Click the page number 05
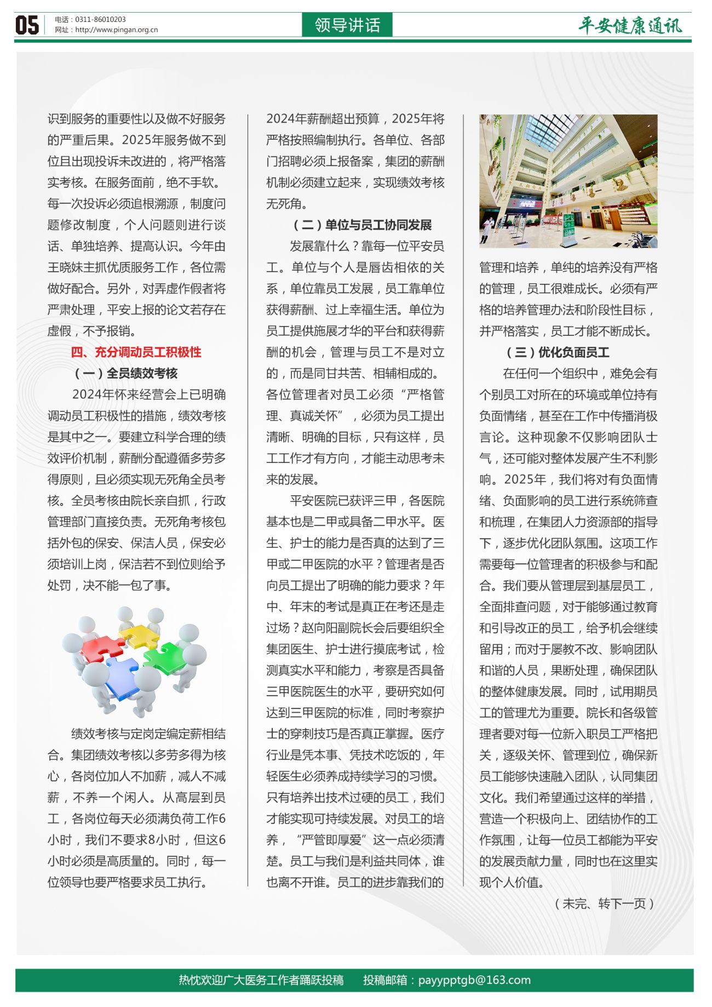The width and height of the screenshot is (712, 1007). (x=27, y=25)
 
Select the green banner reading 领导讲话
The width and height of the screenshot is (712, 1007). (x=347, y=25)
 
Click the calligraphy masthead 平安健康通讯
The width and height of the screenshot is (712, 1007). (x=630, y=26)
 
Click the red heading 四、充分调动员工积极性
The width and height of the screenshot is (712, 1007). (x=136, y=352)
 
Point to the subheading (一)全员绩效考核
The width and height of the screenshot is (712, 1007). (x=126, y=374)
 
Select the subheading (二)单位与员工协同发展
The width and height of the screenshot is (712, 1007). (x=363, y=225)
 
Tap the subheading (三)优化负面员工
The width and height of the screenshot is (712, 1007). (x=557, y=352)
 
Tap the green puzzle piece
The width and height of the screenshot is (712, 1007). (x=166, y=657)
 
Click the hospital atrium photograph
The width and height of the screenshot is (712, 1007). (x=568, y=181)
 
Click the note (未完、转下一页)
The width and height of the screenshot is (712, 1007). (x=605, y=903)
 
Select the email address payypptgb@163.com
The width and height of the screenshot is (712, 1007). (x=474, y=980)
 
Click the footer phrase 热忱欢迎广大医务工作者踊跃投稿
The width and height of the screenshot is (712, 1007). (x=261, y=980)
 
